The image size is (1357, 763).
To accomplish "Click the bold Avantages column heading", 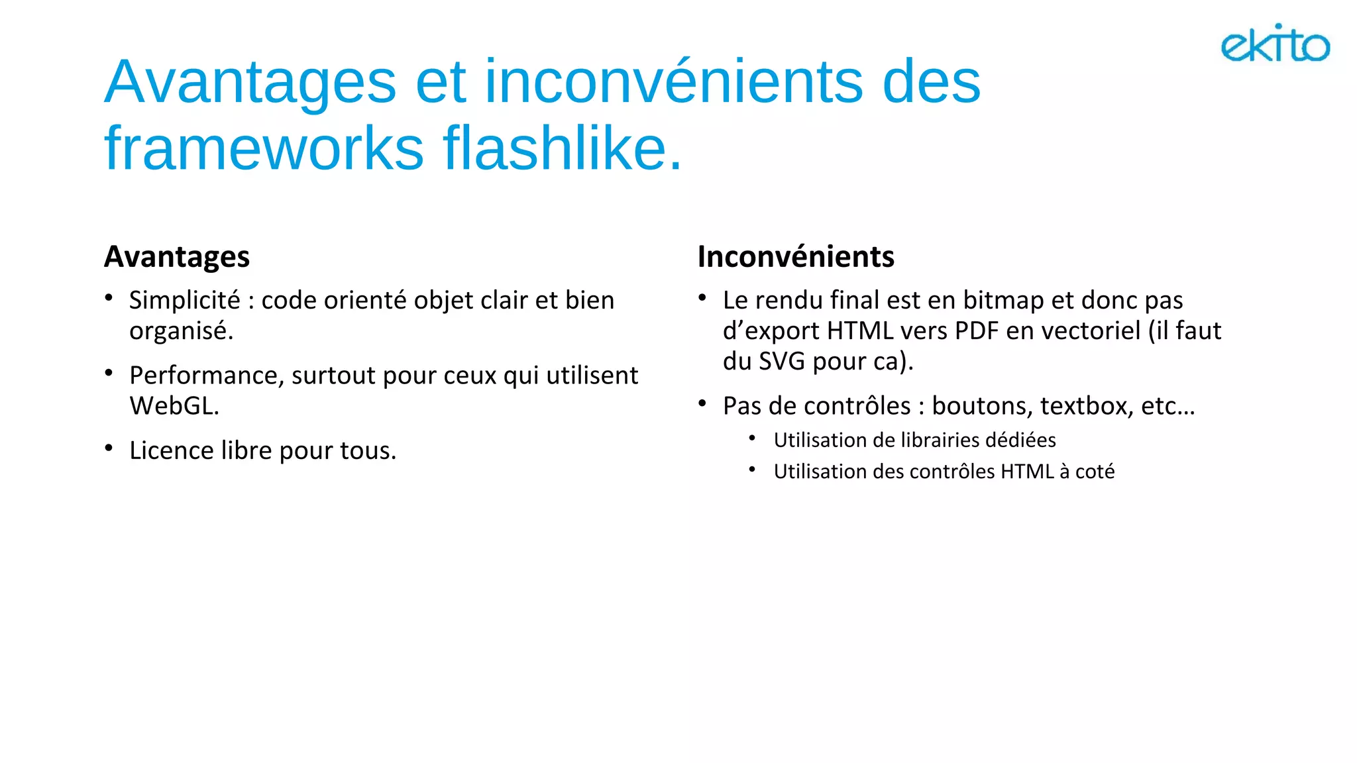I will point(177,257).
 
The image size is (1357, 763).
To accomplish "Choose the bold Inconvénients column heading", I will point(796,257).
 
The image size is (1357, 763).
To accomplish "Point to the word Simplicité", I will point(184,300).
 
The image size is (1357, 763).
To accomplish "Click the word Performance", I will point(206,376).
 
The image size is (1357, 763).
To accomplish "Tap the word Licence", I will point(172,450).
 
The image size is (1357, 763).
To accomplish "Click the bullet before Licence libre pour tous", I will point(109,448).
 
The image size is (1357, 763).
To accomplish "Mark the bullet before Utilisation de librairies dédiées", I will point(752,438).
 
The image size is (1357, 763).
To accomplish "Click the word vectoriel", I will point(1085,331).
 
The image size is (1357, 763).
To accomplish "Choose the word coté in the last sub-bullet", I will point(1095,472).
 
